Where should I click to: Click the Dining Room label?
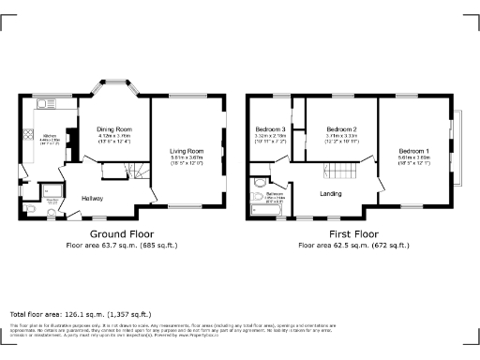[110, 128]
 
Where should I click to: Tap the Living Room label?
[186, 150]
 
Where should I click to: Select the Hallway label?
[92, 198]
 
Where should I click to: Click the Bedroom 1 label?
[413, 151]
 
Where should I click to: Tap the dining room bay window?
[111, 91]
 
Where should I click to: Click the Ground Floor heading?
[123, 233]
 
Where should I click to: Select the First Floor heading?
[352, 233]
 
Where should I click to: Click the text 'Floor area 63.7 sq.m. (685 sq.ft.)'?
[123, 245]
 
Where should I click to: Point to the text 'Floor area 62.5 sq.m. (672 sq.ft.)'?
[352, 245]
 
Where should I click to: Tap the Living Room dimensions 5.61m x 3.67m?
[186, 157]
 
